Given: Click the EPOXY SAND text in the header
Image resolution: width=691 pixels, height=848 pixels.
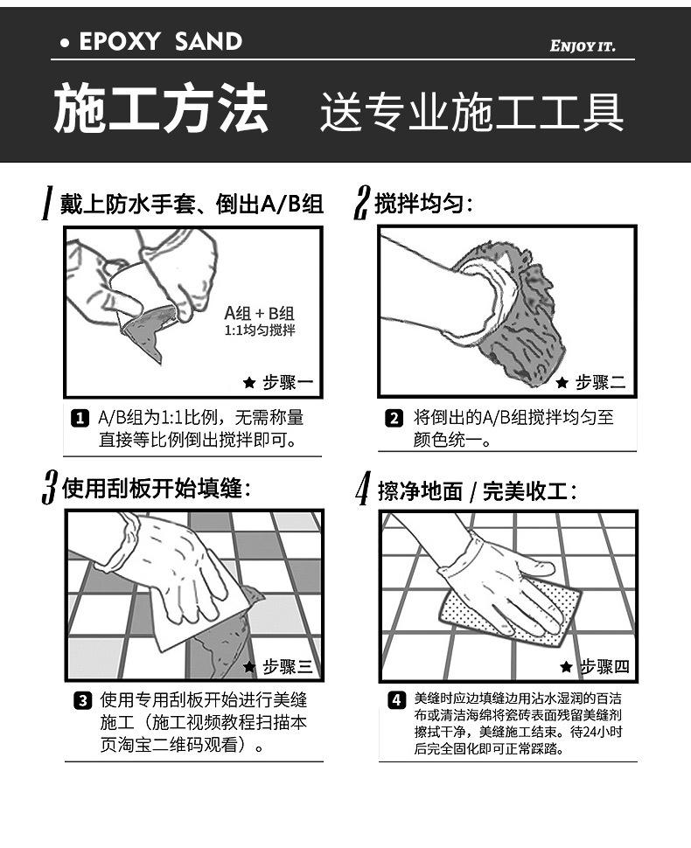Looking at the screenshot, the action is pos(160,42).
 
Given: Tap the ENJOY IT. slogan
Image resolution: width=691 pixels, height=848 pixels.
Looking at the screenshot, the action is pos(583,46).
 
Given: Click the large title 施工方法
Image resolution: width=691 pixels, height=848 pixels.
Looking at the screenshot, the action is pos(161,108).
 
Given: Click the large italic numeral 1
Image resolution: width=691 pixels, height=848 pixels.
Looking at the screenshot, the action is pos(47,203).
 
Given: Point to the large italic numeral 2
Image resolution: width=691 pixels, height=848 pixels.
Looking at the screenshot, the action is pos(361,203).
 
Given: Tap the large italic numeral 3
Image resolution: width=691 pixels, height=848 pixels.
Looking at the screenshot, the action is pos(50,487).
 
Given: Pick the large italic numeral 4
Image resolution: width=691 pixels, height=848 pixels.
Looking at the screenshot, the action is pos(363,488).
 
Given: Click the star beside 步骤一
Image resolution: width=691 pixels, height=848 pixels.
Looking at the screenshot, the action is pos(249,382).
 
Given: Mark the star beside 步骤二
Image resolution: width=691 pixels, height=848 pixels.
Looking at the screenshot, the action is pos(562,382).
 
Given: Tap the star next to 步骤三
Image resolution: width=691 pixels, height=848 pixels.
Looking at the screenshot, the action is pos(249,666).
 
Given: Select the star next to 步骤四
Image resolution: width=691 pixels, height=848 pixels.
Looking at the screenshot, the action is pos(566,666).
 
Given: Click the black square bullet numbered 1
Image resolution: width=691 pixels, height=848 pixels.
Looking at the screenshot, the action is pos(80,418).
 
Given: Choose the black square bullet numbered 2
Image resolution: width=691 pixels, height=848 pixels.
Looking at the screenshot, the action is pos(394,418).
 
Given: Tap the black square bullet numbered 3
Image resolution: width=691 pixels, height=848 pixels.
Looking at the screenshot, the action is pos(82,701).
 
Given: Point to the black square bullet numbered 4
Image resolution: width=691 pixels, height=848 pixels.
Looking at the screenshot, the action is pos(396,699).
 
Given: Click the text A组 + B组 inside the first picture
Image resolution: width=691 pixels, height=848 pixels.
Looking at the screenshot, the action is pos(259,313).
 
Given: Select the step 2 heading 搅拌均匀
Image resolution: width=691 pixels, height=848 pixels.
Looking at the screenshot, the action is pos(422,204).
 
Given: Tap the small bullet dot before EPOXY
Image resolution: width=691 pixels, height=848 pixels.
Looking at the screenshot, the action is pos(65,43).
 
